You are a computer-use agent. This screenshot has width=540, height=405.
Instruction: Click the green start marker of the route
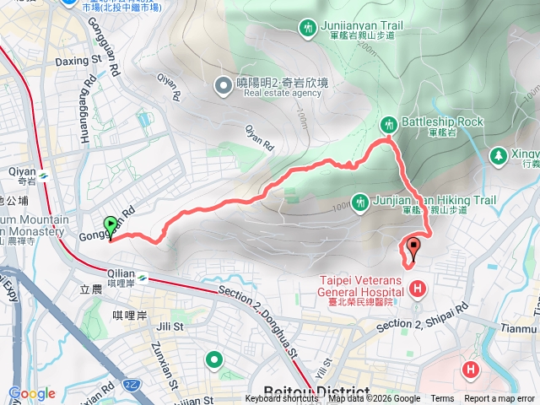click(x=111, y=225)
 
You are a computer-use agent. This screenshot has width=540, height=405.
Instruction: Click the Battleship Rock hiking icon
click(x=389, y=123)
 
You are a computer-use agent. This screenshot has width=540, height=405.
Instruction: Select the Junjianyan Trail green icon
click(x=308, y=29)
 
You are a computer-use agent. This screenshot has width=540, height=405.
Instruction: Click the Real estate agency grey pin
click(x=224, y=84)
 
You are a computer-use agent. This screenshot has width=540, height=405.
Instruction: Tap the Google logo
click(x=31, y=393)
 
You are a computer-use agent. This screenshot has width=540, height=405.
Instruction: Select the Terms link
click(x=442, y=399)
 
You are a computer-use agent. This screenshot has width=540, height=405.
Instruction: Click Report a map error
click(x=499, y=399)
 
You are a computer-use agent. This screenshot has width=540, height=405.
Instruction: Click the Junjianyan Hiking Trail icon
click(x=360, y=202)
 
